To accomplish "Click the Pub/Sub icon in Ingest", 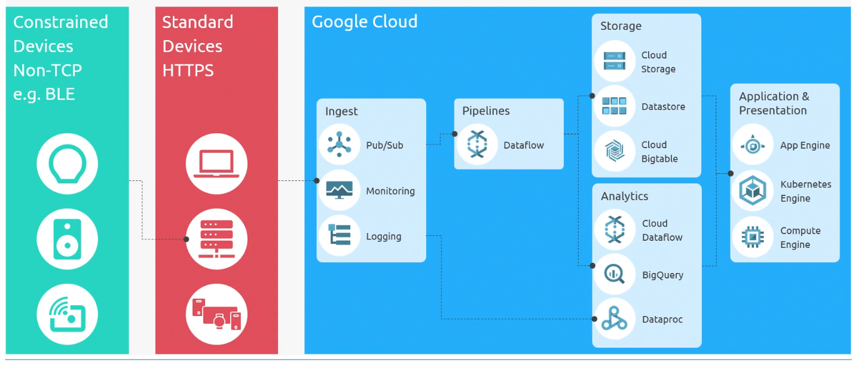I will coord(339,145).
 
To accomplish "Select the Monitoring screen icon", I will coord(339,191).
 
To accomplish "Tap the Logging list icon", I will coord(339,236).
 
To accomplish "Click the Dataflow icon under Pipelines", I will coord(477,145).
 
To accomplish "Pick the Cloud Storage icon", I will coord(615,61).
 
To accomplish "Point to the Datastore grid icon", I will coord(615,106).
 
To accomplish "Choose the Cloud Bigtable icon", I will coord(615,151).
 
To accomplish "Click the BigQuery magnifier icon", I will coord(615,274).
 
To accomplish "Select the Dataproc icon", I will coord(615,319).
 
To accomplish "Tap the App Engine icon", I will coord(753,145).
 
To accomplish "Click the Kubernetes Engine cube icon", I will coord(753,191).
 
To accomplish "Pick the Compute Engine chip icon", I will coord(753,237).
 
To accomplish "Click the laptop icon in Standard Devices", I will coord(216,163).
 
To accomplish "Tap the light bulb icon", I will coord(67,163).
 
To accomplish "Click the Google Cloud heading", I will coord(364,22).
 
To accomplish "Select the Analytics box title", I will coord(624,196).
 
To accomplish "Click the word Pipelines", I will coord(485,111).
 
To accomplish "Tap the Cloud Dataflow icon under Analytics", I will coord(615,230).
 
